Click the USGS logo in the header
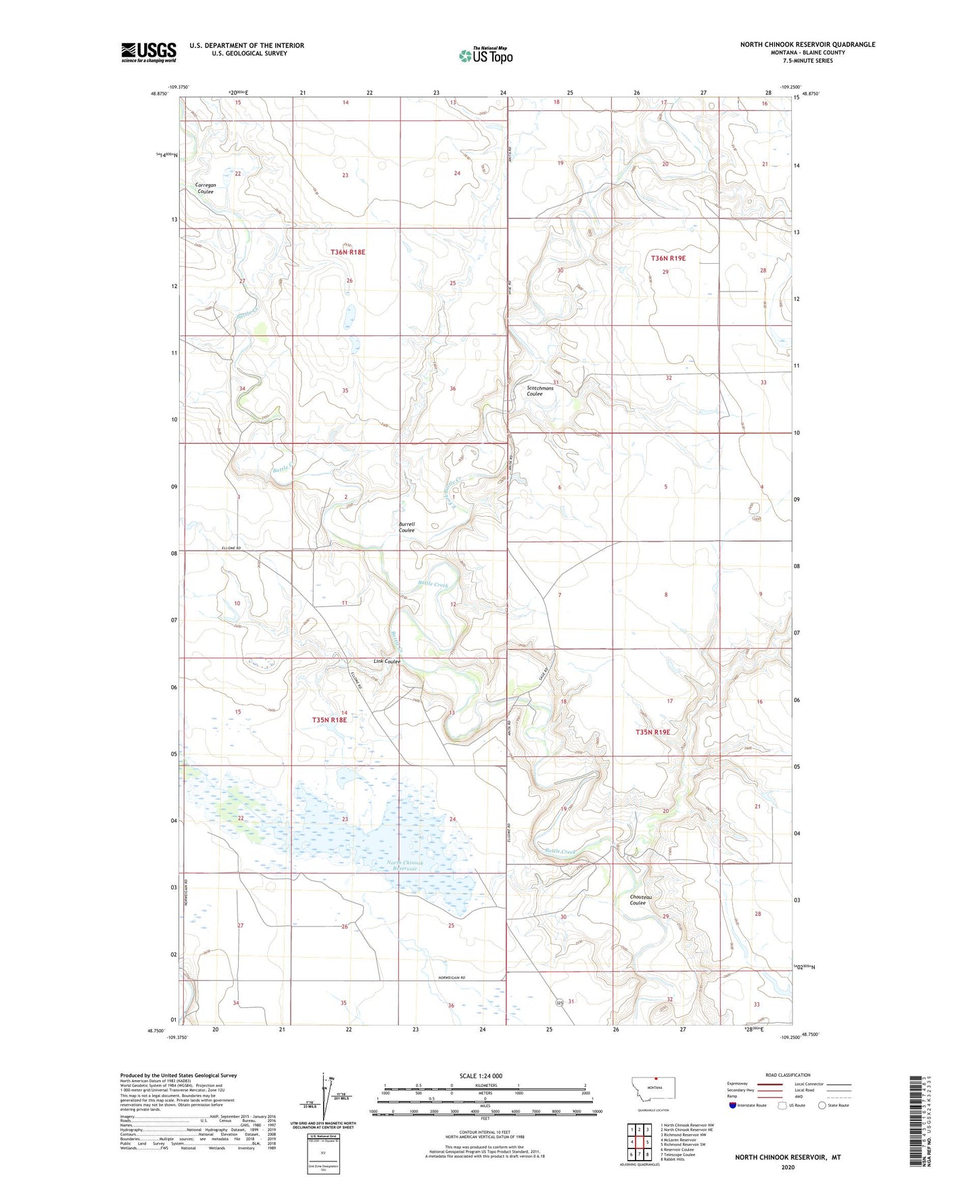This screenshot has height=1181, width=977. pyautogui.click(x=149, y=51)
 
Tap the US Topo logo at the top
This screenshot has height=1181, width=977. pyautogui.click(x=485, y=55)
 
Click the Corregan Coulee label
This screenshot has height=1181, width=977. pyautogui.click(x=206, y=188)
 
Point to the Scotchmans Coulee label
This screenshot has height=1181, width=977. pyautogui.click(x=540, y=390)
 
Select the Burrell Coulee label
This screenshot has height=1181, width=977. pyautogui.click(x=406, y=527)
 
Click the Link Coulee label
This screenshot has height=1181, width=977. pyautogui.click(x=387, y=662)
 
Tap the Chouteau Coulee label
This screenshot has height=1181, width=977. pyautogui.click(x=638, y=900)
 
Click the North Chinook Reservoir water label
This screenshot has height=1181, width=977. pyautogui.click(x=405, y=865)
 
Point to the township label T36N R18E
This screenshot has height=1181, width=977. pyautogui.click(x=348, y=252)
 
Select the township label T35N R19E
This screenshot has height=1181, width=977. pyautogui.click(x=652, y=732)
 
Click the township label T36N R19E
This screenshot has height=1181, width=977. pyautogui.click(x=668, y=258)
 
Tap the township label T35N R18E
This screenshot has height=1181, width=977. pyautogui.click(x=329, y=720)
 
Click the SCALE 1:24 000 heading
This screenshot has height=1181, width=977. pyautogui.click(x=481, y=1075)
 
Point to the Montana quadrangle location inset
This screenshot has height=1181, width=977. pyautogui.click(x=652, y=1090)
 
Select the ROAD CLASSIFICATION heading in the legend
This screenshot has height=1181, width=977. pyautogui.click(x=788, y=1074)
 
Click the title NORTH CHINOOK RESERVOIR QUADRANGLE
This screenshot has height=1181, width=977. pyautogui.click(x=807, y=45)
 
